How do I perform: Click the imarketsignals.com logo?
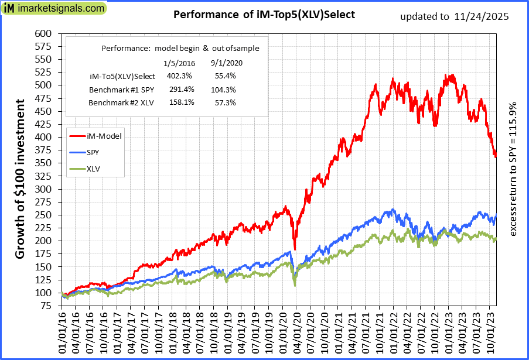pyautogui.click(x=54, y=9)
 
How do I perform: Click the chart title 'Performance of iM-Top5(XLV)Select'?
pyautogui.click(x=264, y=15)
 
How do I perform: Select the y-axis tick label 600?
pyautogui.click(x=44, y=33)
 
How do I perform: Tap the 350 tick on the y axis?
pyautogui.click(x=44, y=163)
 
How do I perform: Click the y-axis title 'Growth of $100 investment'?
pyautogui.click(x=20, y=179)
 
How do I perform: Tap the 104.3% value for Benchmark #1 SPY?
pyautogui.click(x=223, y=90)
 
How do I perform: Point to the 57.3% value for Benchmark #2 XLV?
pyautogui.click(x=223, y=103)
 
